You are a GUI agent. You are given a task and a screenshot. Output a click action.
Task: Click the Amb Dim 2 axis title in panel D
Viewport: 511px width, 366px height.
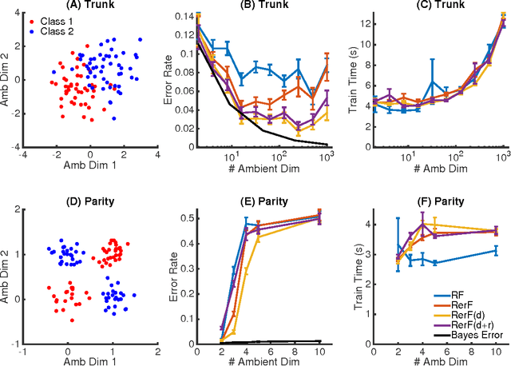coord(8,267)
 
